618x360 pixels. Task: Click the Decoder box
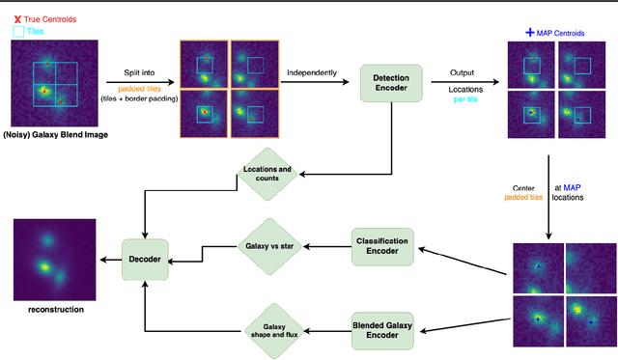click(144, 259)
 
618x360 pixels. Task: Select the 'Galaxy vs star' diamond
click(267, 248)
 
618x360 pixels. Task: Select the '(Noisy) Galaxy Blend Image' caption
click(55, 134)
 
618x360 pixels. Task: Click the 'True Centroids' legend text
click(49, 18)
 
